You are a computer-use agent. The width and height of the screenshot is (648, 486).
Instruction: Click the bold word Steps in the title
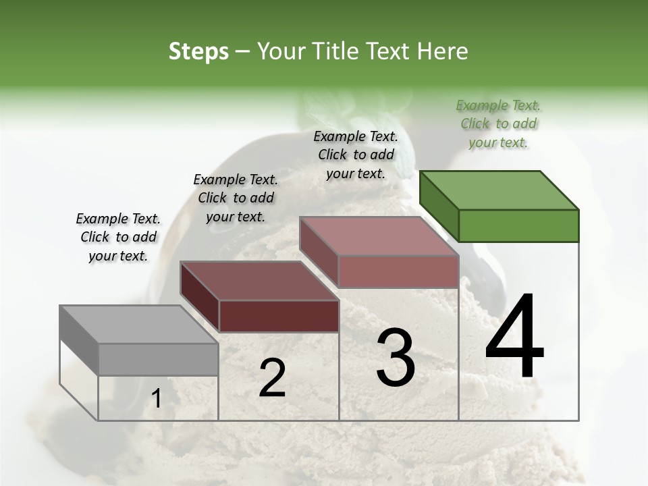[198, 51]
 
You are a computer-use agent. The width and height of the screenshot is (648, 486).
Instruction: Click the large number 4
[514, 337]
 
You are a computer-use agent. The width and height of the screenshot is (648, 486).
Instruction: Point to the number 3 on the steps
[396, 358]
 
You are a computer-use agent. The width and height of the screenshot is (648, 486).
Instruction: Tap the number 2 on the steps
[272, 379]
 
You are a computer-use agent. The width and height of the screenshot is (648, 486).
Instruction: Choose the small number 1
[156, 399]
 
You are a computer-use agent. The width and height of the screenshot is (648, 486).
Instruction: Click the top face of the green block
[500, 190]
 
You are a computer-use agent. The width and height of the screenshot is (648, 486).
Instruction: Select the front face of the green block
[518, 225]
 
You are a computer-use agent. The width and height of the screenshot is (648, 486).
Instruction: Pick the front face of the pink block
[398, 271]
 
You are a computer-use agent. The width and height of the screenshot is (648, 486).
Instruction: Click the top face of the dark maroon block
[259, 281]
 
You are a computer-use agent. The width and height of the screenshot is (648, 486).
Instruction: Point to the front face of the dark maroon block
[279, 316]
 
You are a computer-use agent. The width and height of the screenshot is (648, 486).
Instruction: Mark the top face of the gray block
[139, 325]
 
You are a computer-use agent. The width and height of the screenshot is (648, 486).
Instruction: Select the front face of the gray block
[159, 359]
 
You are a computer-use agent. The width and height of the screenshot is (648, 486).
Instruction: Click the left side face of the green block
[439, 206]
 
